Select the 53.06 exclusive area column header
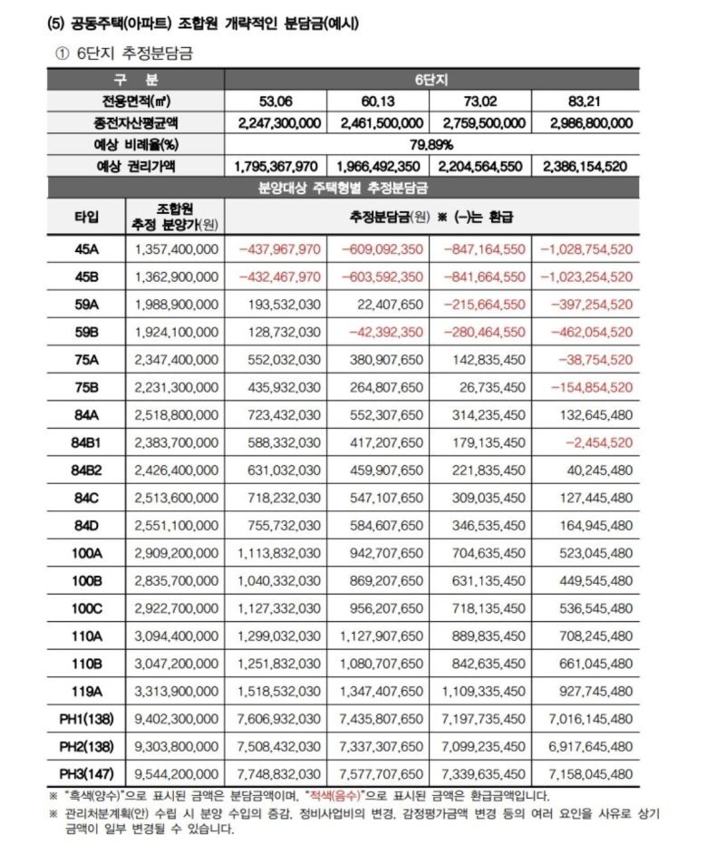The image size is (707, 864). pyautogui.click(x=276, y=101)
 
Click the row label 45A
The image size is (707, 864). pyautogui.click(x=87, y=248)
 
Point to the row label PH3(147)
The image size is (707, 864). pyautogui.click(x=87, y=774)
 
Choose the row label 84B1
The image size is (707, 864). pyautogui.click(x=87, y=442)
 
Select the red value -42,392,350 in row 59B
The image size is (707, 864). pyautogui.click(x=381, y=332)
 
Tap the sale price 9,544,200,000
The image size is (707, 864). pyautogui.click(x=176, y=774)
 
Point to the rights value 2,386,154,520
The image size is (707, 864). pyautogui.click(x=586, y=167)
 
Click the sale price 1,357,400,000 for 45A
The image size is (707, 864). pyautogui.click(x=176, y=248)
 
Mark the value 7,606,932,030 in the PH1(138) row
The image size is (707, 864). pyautogui.click(x=278, y=719)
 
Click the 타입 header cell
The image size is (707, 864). pyautogui.click(x=87, y=216)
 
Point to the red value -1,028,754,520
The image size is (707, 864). pyautogui.click(x=586, y=248)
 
